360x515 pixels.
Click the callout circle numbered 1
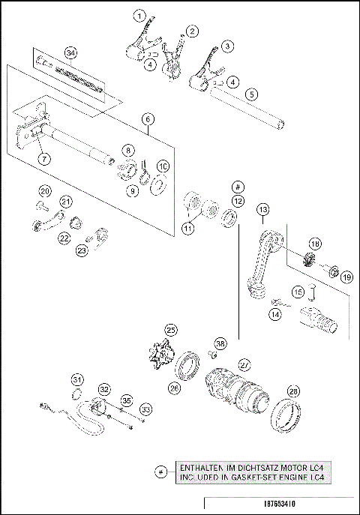coord(139,15)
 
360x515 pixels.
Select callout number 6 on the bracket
coord(148,118)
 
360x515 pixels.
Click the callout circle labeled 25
coord(171,330)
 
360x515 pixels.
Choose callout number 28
coord(292,391)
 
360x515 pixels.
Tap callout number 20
coord(44,190)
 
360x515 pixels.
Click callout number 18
coord(314,244)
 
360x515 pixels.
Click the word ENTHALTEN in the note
coord(201,466)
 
